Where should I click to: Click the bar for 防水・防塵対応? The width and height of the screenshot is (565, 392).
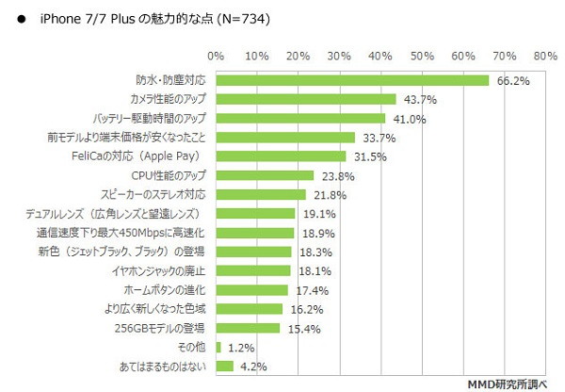click(352, 80)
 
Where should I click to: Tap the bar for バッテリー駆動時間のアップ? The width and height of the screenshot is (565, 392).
click(300, 119)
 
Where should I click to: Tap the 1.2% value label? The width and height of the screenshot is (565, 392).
click(243, 349)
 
